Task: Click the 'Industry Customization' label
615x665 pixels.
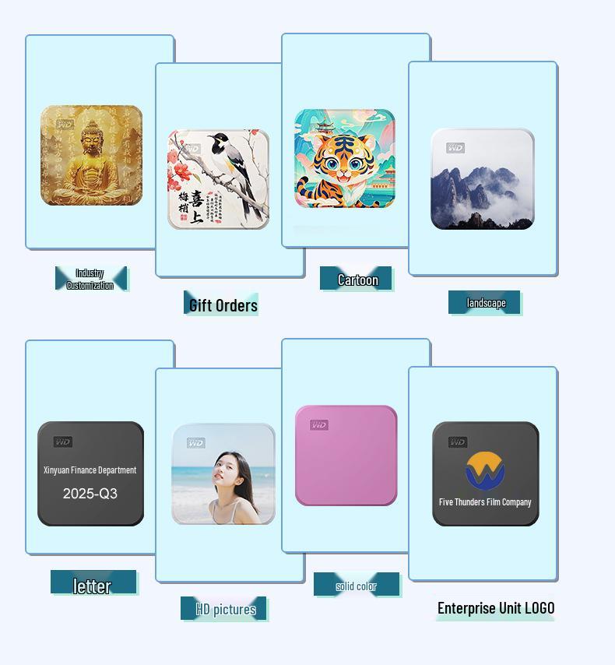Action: pos(90,279)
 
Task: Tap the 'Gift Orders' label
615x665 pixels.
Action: pos(223,304)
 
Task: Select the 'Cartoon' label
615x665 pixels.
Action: pos(357,280)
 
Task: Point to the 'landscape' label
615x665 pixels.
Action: pos(486,303)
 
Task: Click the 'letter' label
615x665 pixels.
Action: pos(93,586)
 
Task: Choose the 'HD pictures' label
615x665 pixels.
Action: pos(226,609)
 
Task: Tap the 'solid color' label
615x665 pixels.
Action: pos(356,586)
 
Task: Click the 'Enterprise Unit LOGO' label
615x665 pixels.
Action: pos(496,608)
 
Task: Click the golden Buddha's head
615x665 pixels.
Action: pos(93,135)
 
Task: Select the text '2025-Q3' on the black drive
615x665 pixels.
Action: pos(90,494)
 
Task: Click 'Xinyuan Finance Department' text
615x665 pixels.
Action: pos(90,470)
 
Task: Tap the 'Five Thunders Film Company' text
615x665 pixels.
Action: pos(485,502)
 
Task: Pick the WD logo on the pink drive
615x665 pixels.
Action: pos(319,425)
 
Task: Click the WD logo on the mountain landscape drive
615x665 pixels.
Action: pos(455,148)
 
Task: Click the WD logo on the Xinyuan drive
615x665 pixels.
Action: pos(63,442)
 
